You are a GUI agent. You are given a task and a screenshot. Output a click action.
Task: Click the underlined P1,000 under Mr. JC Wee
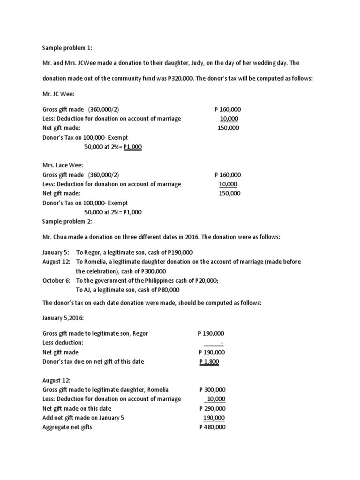point(133,147)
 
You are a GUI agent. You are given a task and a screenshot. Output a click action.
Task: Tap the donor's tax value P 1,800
point(209,361)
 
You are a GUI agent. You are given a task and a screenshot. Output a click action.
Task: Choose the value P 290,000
point(212,408)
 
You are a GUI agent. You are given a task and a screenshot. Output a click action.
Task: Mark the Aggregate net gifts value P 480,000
point(212,427)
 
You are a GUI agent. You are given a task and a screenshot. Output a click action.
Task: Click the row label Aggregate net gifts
point(67,427)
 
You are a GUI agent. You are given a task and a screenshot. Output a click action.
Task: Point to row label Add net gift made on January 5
point(84,418)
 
